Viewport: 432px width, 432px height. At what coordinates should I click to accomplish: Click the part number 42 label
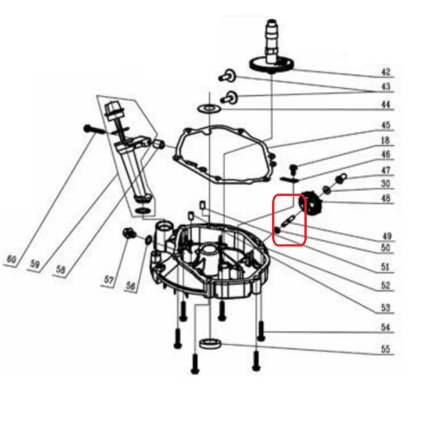tap(385, 72)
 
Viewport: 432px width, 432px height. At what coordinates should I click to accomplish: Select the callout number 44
tap(385, 105)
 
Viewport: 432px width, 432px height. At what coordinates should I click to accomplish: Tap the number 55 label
tap(385, 350)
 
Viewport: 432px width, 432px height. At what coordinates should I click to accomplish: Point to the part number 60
tap(11, 258)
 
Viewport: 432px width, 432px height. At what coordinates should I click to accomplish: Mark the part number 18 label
tap(385, 140)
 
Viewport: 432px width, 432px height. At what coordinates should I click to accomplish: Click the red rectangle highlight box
tap(289, 220)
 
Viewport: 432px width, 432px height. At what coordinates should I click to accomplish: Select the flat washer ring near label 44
tap(208, 109)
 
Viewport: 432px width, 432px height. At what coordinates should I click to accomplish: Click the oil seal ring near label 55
tap(208, 345)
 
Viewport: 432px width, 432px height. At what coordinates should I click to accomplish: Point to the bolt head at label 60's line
tap(89, 129)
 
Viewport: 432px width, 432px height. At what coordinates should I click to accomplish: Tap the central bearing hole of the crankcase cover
tap(207, 254)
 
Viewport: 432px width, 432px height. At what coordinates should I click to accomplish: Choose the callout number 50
tap(385, 249)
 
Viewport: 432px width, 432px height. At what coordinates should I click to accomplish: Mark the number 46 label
tap(385, 155)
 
